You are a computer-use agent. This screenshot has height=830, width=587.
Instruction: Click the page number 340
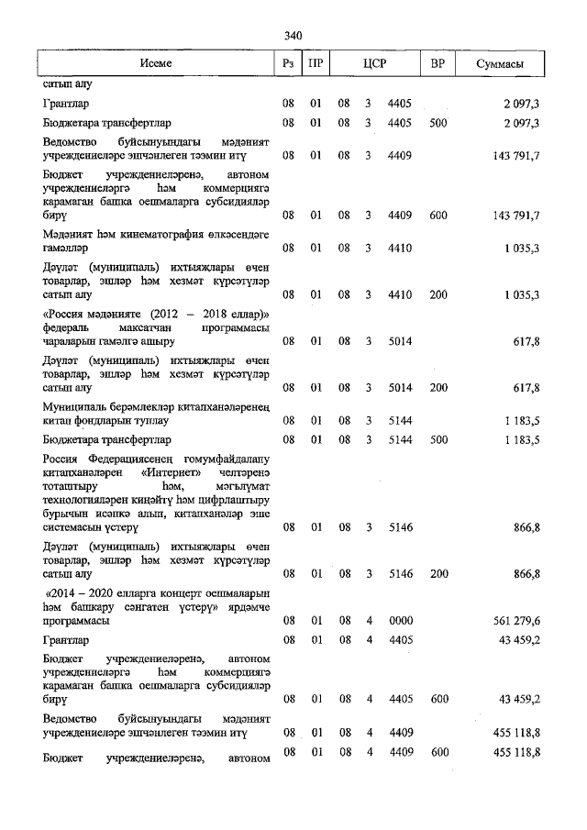click(x=293, y=36)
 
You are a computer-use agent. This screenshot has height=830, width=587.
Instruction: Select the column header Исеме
click(x=155, y=63)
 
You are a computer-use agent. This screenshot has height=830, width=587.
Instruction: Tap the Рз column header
click(x=288, y=63)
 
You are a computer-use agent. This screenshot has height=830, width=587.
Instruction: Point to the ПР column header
click(x=316, y=63)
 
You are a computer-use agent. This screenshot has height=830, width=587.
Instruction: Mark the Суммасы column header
click(x=501, y=63)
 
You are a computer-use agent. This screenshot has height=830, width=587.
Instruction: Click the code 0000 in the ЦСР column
click(x=401, y=621)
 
